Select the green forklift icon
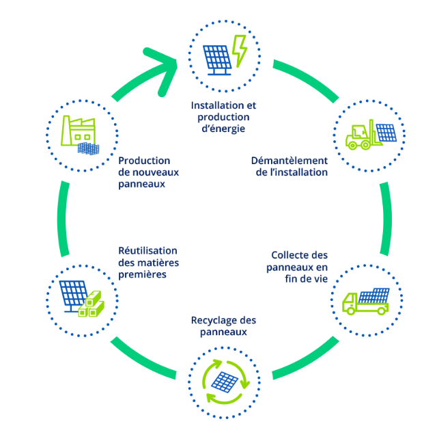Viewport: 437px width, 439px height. click(x=360, y=136)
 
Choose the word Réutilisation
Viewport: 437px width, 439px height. click(x=138, y=250)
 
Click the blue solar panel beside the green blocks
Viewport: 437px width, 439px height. click(x=72, y=294)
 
